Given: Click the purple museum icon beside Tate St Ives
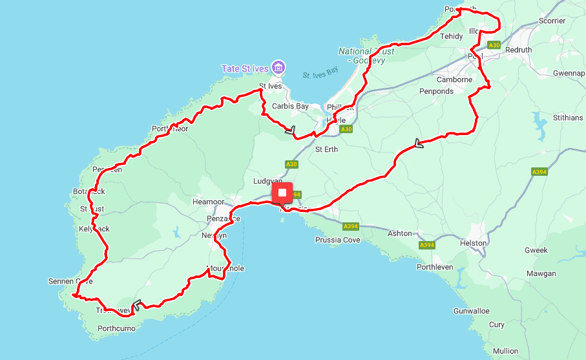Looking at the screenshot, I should [278, 67].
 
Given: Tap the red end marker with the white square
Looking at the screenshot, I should [282, 193].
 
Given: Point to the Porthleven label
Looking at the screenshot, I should [435, 267].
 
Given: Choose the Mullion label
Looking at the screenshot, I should [505, 351].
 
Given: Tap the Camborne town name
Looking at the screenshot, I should [454, 79].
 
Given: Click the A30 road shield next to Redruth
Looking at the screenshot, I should [494, 45].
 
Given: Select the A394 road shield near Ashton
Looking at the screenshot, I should [426, 245].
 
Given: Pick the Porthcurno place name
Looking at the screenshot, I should [117, 328].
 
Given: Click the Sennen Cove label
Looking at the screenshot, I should [70, 282].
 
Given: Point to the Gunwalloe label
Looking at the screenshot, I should [472, 311].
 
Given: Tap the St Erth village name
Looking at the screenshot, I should [326, 149].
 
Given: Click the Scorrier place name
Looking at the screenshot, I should [552, 21].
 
